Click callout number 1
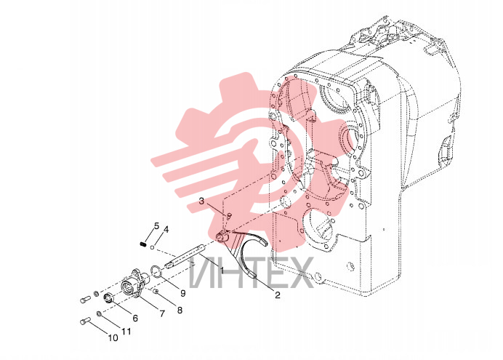click(x=222, y=270)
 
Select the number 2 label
click(x=278, y=295)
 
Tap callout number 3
click(x=201, y=201)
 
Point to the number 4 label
click(x=166, y=230)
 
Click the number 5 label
click(x=156, y=226)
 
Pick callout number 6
click(x=135, y=318)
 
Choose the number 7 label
click(x=162, y=313)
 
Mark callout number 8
click(x=180, y=310)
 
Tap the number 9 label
click(x=183, y=293)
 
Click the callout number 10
click(x=113, y=338)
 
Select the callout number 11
click(x=126, y=331)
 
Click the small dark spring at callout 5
click(x=143, y=244)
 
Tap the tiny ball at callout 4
click(x=153, y=247)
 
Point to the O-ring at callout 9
click(x=155, y=271)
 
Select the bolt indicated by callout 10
click(x=85, y=321)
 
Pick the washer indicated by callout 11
click(x=99, y=313)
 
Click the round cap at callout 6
click(x=108, y=298)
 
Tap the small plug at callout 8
click(x=156, y=292)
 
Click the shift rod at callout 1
click(x=184, y=256)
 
